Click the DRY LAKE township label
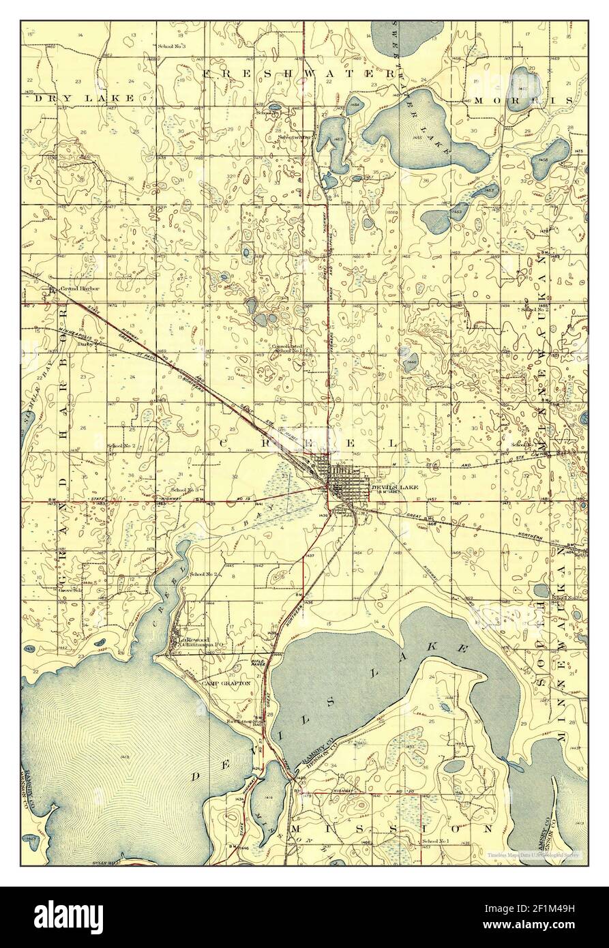pos(84,98)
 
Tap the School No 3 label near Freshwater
pos(171,46)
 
